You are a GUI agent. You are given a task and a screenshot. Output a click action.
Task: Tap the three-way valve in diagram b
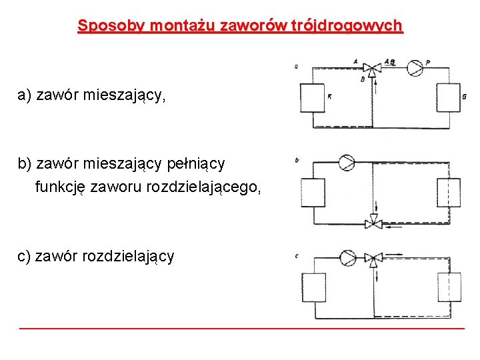(374, 223)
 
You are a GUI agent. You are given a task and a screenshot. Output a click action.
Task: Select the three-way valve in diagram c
(375, 257)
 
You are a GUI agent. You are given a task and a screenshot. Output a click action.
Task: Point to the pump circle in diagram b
(347, 163)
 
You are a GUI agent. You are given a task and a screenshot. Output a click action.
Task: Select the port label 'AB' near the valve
(389, 61)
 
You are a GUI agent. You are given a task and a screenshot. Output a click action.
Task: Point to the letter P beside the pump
(427, 62)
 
